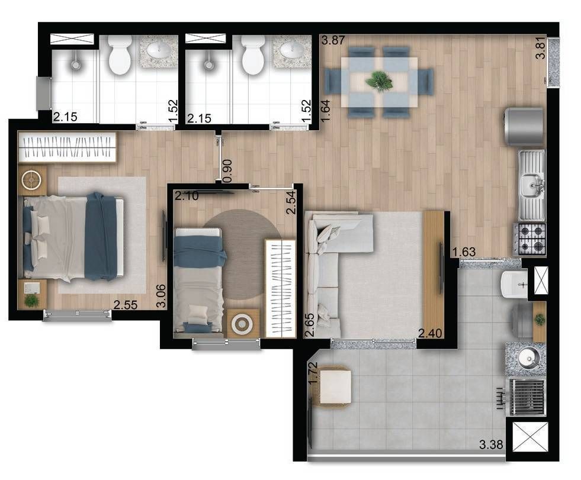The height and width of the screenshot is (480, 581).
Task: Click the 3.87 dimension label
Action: click(333, 40)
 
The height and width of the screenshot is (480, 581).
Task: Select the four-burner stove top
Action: click(529, 239)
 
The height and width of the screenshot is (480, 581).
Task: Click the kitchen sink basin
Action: click(531, 184)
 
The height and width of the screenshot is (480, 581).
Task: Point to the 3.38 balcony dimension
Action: click(491, 444)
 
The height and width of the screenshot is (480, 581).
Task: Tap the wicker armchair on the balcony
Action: click(332, 387)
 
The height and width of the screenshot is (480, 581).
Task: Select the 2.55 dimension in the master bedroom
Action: click(125, 305)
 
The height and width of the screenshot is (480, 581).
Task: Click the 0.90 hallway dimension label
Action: click(227, 170)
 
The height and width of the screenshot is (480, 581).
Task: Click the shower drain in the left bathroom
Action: click(76, 65)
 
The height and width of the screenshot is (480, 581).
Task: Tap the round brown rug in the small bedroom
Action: click(242, 255)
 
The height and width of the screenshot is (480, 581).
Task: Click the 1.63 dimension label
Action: click(464, 252)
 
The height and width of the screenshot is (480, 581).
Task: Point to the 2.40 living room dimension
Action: click(430, 333)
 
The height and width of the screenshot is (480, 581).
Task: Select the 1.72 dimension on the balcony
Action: click(313, 372)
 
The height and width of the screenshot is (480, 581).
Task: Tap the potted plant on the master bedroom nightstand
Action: click(31, 300)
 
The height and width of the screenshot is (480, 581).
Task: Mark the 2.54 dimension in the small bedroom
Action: click(291, 202)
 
